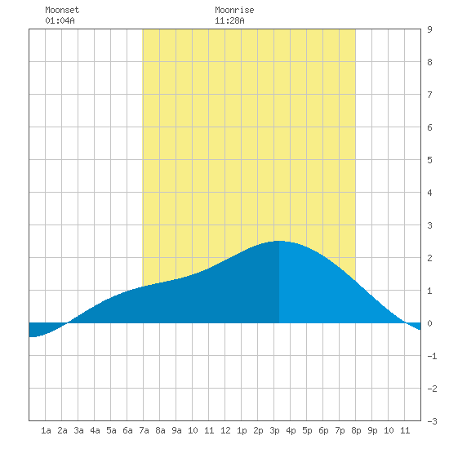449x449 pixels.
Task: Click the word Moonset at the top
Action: (x=62, y=10)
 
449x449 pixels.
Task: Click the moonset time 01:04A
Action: (x=60, y=20)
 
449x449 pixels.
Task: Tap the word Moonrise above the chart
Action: (x=234, y=10)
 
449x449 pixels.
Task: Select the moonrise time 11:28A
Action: (x=229, y=20)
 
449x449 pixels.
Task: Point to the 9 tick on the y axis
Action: (x=429, y=29)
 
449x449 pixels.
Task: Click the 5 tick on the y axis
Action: (x=429, y=160)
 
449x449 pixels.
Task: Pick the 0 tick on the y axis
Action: (x=429, y=323)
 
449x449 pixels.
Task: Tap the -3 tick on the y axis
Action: (x=432, y=421)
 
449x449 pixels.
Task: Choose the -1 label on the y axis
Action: (x=432, y=356)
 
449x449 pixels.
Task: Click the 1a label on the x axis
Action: (x=46, y=430)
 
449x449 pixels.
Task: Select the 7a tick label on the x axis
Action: (x=144, y=430)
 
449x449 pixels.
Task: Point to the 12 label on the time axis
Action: (x=225, y=430)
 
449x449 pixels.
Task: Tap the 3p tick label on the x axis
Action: (x=274, y=430)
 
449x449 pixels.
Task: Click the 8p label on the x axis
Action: (x=356, y=430)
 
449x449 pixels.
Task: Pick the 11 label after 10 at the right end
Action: (x=405, y=430)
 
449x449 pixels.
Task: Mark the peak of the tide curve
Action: (x=279, y=241)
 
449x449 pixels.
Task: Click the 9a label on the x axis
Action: (x=176, y=430)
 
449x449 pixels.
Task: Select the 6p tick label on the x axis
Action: (x=323, y=430)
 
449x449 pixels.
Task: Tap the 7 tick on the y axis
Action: (x=429, y=95)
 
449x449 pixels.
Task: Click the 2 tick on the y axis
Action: (x=429, y=258)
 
